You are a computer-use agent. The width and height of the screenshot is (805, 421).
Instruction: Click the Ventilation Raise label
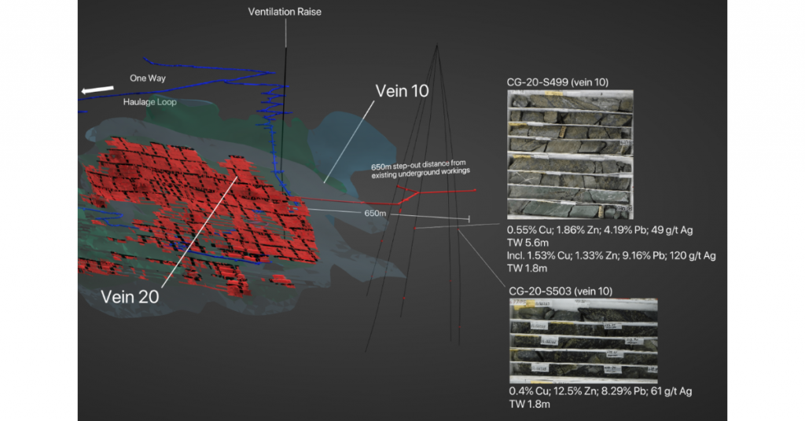coord(285,12)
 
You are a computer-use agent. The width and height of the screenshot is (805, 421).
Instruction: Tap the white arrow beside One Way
coord(94,90)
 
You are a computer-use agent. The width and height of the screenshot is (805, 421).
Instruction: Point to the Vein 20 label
coord(130,296)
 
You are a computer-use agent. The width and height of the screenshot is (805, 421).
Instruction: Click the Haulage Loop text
coord(149,102)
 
